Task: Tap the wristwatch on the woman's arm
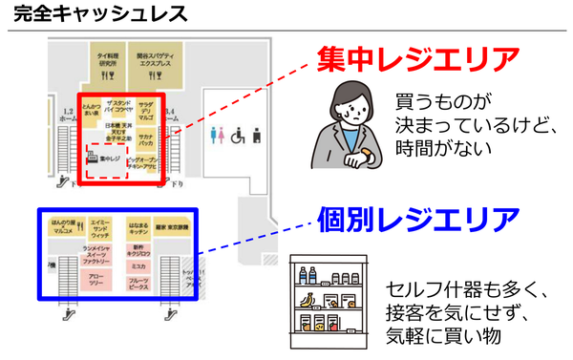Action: tap(366, 131)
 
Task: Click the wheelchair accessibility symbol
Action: tap(234, 137)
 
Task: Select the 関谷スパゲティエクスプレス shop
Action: tap(152, 60)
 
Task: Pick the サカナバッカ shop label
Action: tap(147, 137)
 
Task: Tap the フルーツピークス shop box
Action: tap(138, 284)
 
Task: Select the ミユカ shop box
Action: tap(138, 266)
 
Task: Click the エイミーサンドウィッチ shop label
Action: tap(99, 228)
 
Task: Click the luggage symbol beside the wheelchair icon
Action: tap(253, 137)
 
